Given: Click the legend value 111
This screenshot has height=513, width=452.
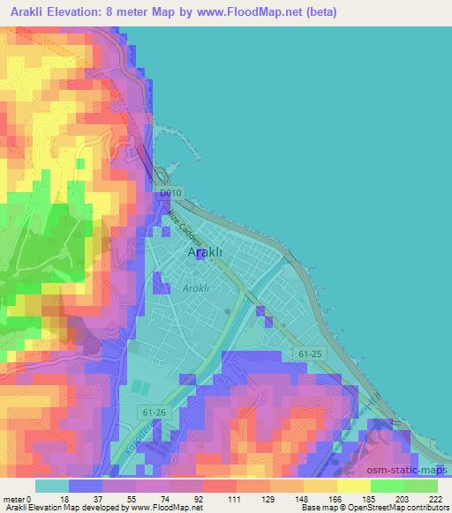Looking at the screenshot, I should [x=236, y=499].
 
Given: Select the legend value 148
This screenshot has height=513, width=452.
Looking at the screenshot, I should [x=303, y=499].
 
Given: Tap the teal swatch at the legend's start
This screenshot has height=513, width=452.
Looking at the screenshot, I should [x=51, y=486].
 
